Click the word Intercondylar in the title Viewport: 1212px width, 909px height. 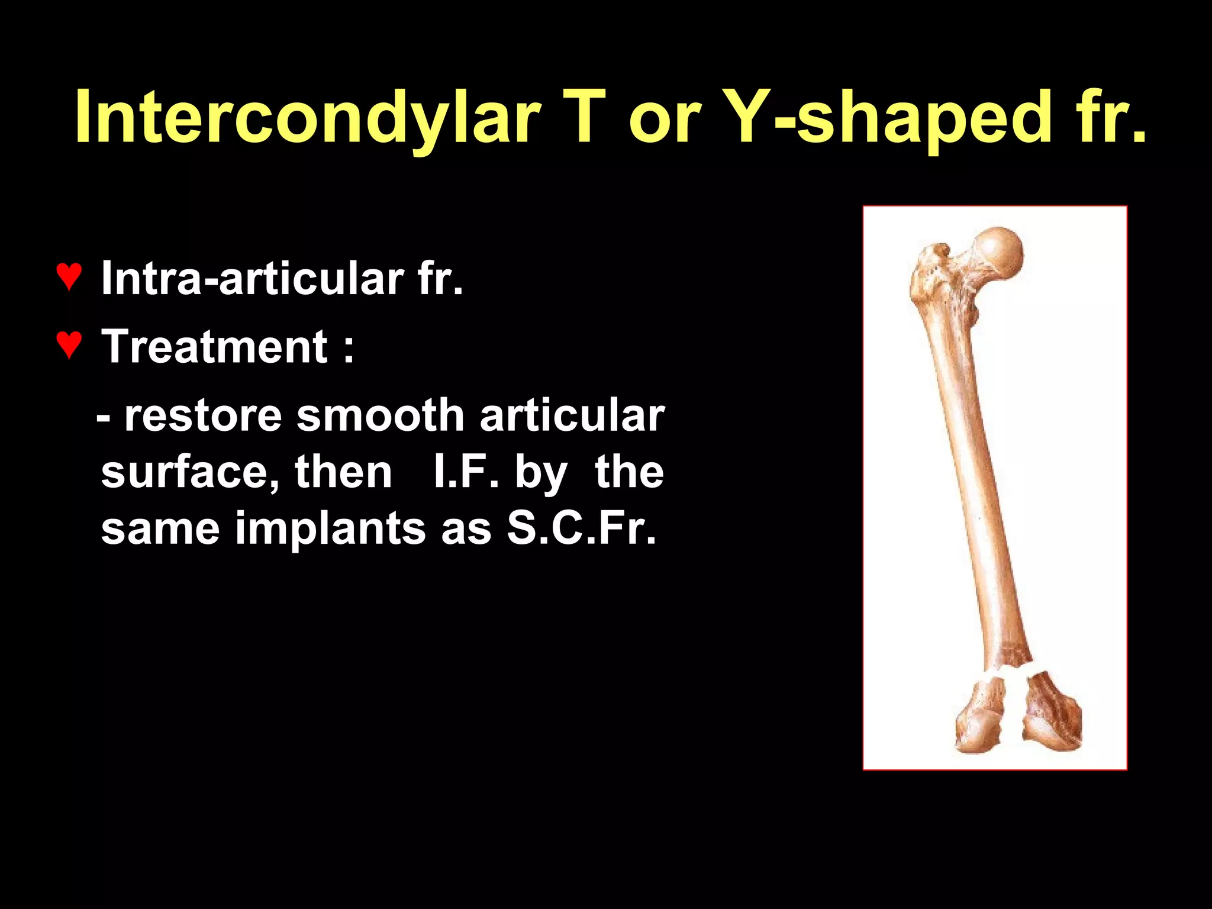(308, 117)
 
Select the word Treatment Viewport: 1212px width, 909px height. (214, 347)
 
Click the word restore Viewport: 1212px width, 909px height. (202, 415)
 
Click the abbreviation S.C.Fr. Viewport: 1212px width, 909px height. (581, 528)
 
